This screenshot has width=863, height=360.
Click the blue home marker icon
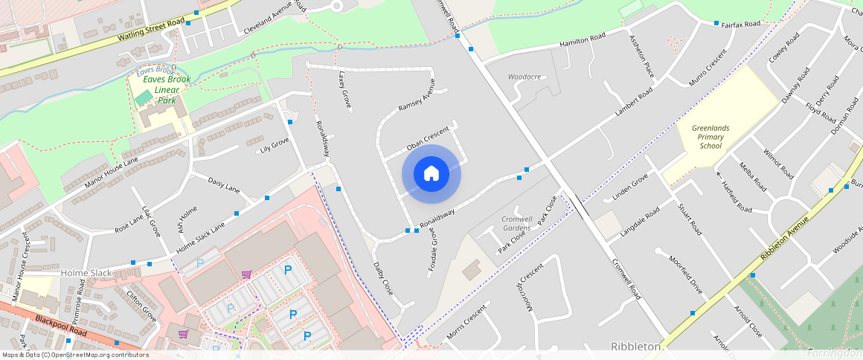tap(431, 174)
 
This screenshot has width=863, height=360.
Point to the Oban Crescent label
tap(428, 138)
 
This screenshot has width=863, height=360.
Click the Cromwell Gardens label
tap(516, 223)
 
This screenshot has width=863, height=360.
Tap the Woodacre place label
tap(524, 77)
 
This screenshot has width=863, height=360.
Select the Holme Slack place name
tap(86, 273)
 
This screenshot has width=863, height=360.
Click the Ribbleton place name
tap(636, 347)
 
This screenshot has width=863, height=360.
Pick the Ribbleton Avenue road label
tap(783, 239)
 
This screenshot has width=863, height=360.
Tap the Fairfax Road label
tap(741, 25)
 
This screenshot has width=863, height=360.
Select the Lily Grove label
tap(274, 144)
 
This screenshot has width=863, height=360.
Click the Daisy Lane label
tap(223, 184)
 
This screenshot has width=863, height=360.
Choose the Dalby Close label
tap(383, 277)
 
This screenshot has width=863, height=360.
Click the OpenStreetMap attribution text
tap(75, 355)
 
